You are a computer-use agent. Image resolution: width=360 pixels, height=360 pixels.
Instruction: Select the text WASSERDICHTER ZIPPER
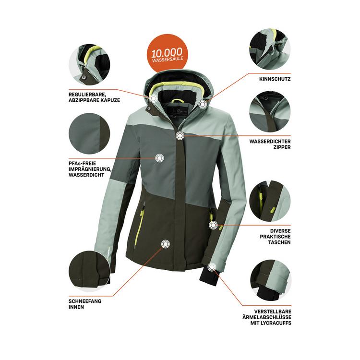(x=270, y=144)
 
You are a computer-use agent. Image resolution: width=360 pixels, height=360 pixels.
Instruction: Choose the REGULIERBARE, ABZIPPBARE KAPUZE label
(x=94, y=96)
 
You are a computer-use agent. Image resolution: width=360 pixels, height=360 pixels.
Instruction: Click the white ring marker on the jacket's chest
(x=159, y=157)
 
